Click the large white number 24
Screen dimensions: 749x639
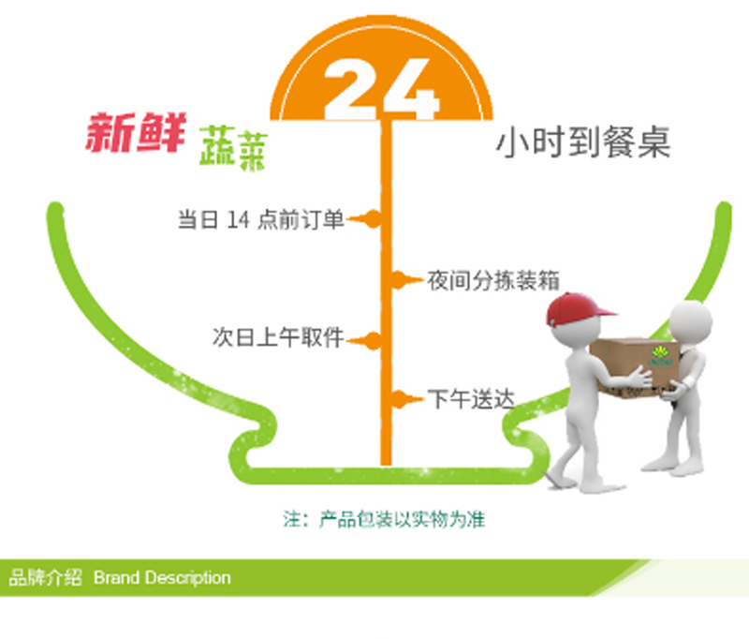381,89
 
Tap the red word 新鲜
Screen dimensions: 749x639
136,133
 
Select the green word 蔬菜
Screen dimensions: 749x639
233,148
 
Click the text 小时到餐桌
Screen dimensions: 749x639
583,141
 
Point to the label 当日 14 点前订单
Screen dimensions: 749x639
261,220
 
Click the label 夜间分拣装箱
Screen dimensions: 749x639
493,280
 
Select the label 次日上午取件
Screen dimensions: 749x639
278,337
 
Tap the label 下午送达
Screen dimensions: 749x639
471,399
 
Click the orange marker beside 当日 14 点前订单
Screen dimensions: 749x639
364,219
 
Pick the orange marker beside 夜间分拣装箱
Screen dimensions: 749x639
407,280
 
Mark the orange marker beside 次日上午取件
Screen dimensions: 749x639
364,341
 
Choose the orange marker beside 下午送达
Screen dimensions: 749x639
407,399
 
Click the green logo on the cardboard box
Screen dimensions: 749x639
661,356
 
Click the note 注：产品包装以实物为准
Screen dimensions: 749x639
384,519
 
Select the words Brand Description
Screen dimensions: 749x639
162,577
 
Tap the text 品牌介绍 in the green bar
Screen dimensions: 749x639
45,577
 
